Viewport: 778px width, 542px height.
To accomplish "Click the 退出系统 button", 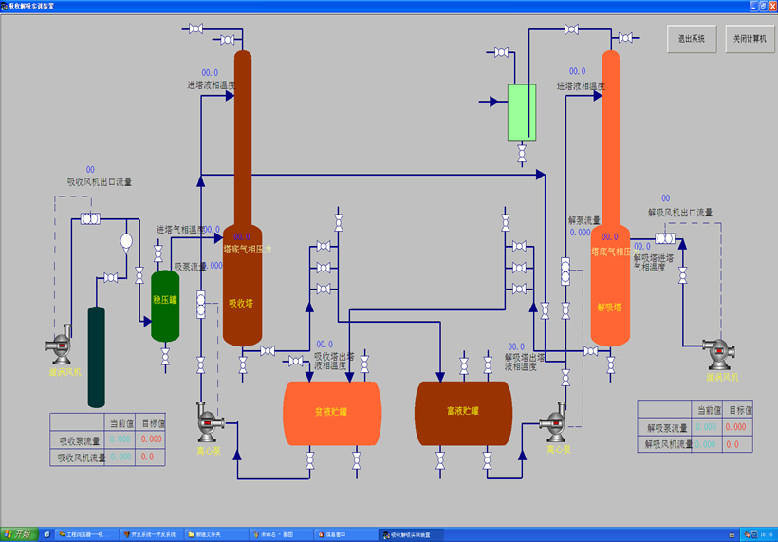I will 691,40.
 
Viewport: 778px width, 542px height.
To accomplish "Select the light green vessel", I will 521,112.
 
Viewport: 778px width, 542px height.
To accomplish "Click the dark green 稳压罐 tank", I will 165,306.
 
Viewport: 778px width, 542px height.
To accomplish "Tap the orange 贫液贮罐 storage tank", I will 332,412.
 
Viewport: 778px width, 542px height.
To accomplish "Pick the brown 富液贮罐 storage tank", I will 463,412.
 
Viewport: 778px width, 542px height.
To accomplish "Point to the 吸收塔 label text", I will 241,305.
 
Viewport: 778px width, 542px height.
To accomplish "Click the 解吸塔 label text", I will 609,307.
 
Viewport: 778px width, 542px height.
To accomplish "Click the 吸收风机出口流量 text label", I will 99,181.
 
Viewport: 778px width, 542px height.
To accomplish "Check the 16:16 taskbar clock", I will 765,535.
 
